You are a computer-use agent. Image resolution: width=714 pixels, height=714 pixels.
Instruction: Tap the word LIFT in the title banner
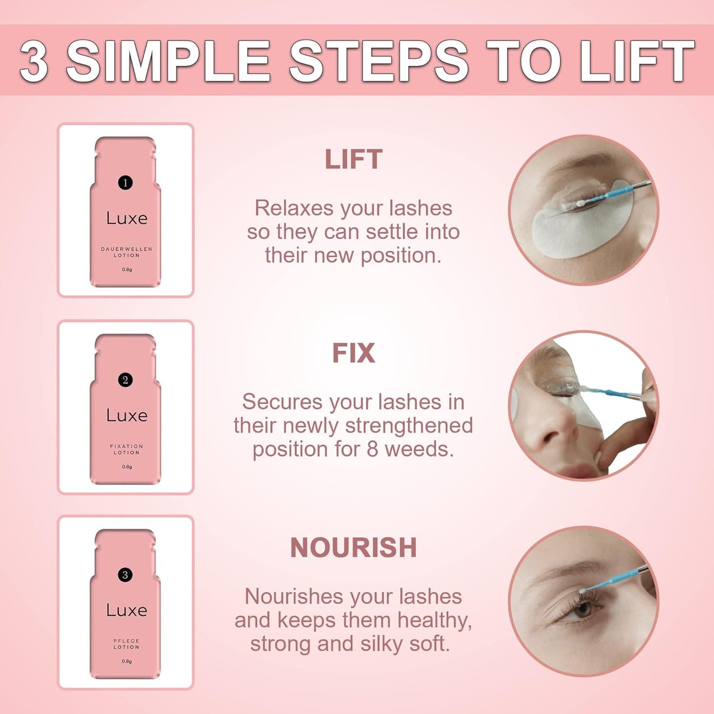pos(637,61)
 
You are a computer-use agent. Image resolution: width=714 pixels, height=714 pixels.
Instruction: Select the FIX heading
pos(353,353)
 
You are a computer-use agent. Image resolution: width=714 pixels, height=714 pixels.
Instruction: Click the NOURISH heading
pos(353,547)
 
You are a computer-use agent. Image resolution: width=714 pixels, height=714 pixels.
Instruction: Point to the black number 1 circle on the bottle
pos(126,183)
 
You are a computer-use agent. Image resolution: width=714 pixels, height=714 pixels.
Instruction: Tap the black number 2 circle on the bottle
pos(126,380)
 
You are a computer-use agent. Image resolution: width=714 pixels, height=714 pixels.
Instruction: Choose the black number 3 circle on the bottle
pos(126,575)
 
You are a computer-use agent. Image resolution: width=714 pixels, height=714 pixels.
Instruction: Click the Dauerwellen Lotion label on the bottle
pos(126,252)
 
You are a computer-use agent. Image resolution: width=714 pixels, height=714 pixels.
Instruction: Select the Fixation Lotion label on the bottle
pos(126,449)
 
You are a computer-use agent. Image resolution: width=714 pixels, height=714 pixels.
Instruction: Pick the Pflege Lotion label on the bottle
pos(126,644)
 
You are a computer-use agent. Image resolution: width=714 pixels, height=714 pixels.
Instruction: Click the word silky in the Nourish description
pos(381,643)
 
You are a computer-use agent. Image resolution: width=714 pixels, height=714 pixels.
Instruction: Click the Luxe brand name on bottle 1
pos(127,218)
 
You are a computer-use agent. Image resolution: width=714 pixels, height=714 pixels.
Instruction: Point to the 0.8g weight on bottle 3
pos(127,661)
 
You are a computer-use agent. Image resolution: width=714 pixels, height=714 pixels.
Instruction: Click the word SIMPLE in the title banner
pos(168,61)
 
